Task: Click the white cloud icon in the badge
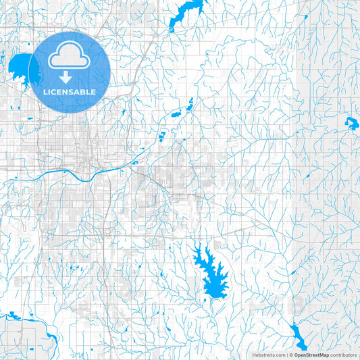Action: point(70,56)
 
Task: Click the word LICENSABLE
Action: point(70,92)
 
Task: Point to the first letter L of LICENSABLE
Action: point(45,92)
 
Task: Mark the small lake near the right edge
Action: point(352,122)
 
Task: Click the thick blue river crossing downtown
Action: point(68,173)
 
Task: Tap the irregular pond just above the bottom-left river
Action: point(13,315)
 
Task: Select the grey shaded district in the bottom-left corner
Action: point(14,338)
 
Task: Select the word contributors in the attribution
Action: point(343,354)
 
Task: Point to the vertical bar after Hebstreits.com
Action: point(286,354)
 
